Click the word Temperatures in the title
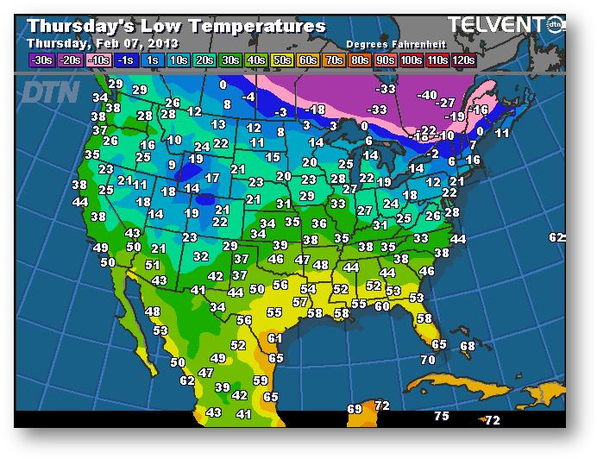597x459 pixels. click(x=266, y=26)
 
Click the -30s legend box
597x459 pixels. click(x=41, y=60)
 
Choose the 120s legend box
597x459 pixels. click(x=464, y=60)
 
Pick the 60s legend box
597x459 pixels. click(x=308, y=60)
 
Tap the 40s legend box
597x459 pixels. click(x=255, y=60)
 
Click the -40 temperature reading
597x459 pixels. click(x=427, y=95)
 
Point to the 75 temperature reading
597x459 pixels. click(x=442, y=416)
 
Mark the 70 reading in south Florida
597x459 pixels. click(x=428, y=359)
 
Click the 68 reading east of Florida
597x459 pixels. click(x=468, y=346)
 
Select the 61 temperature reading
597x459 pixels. click(x=275, y=338)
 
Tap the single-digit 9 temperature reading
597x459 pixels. click(x=172, y=165)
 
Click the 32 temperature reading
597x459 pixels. click(x=201, y=256)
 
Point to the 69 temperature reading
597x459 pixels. click(x=355, y=408)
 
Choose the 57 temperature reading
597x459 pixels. click(x=300, y=302)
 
